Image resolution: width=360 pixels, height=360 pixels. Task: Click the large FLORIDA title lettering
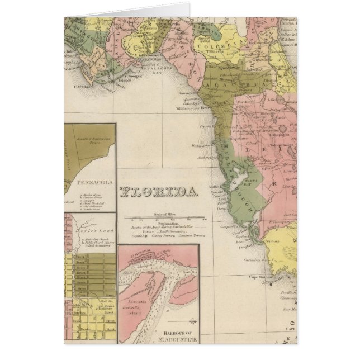159,192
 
